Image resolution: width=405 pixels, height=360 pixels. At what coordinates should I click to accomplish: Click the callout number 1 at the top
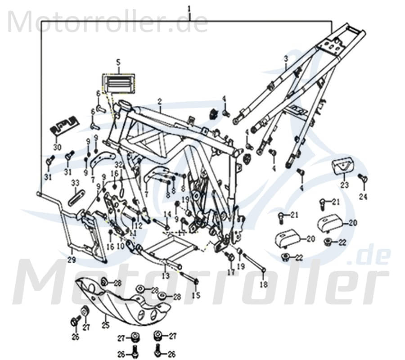point(189,9)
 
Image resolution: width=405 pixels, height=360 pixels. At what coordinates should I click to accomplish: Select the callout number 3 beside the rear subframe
point(285,58)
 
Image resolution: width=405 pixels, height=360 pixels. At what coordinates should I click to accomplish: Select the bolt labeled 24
point(364,180)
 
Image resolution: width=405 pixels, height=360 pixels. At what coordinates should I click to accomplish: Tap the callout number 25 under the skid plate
point(105,323)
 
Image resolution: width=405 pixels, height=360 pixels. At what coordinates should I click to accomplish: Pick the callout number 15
point(196,295)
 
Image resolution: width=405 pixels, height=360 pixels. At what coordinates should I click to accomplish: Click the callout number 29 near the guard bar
point(71,260)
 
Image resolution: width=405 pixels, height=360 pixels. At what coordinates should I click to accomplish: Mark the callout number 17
point(231,273)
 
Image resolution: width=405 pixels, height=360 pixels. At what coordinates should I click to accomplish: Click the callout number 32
point(118,165)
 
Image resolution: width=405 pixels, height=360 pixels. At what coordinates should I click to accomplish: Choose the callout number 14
point(167,214)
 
